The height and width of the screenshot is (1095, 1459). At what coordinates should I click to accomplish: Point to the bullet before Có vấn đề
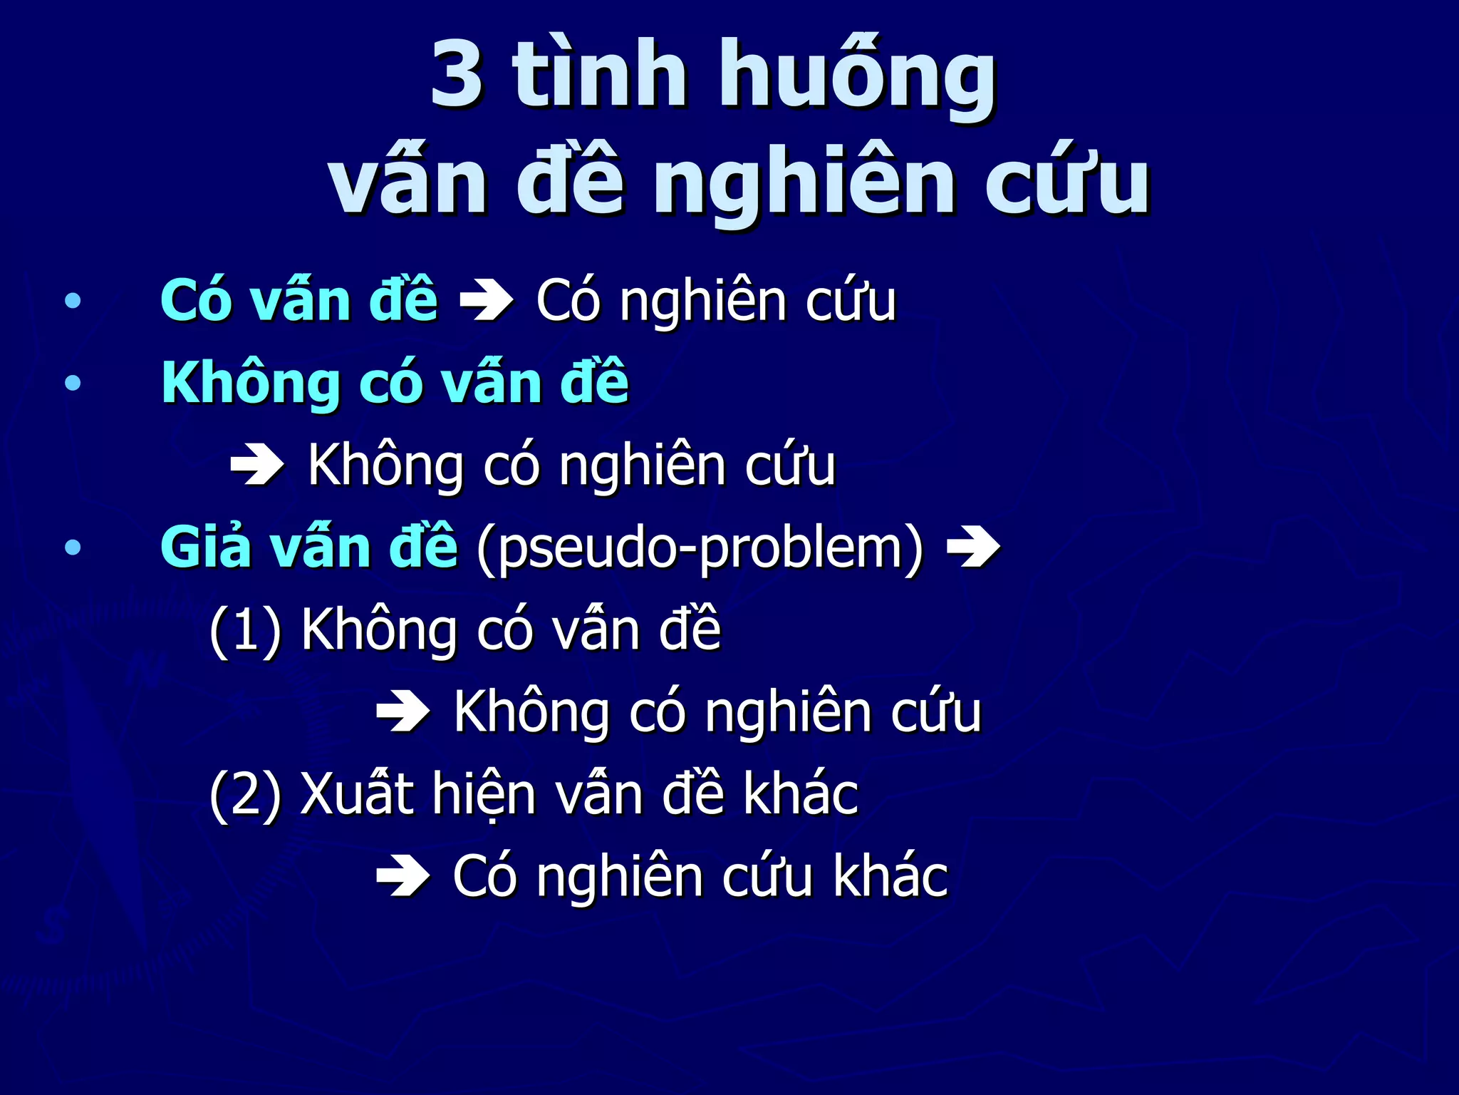pyautogui.click(x=73, y=302)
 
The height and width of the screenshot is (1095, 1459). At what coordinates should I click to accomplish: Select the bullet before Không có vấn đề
pyautogui.click(x=73, y=384)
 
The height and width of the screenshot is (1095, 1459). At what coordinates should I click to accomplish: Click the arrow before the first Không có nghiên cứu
pyautogui.click(x=257, y=466)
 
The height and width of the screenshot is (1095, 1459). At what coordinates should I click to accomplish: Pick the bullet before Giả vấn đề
pyautogui.click(x=73, y=547)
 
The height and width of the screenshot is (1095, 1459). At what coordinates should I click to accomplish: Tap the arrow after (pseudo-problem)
pyautogui.click(x=974, y=547)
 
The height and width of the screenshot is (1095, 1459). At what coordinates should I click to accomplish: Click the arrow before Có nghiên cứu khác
pyautogui.click(x=403, y=876)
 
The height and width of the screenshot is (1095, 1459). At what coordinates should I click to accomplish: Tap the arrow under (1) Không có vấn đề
pyautogui.click(x=403, y=711)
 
